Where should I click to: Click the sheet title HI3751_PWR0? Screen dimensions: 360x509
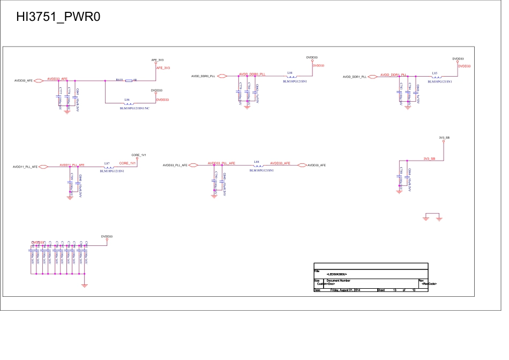tap(58, 17)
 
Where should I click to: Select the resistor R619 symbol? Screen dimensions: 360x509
tap(129, 81)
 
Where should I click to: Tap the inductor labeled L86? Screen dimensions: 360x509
tap(129, 103)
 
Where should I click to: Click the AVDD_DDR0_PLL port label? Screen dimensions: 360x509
tap(203, 77)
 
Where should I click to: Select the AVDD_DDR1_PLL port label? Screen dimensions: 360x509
tap(354, 77)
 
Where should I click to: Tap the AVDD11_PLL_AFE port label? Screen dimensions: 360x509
tap(25, 167)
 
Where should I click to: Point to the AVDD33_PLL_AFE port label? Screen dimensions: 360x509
tap(175, 166)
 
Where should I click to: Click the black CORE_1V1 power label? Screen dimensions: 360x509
tap(139, 155)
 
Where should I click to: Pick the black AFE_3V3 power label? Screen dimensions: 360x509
tap(158, 60)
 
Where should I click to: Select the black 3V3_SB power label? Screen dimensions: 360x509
tap(444, 138)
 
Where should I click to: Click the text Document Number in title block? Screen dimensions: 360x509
tap(339, 280)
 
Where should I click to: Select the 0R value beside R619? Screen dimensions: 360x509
tap(136, 80)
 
